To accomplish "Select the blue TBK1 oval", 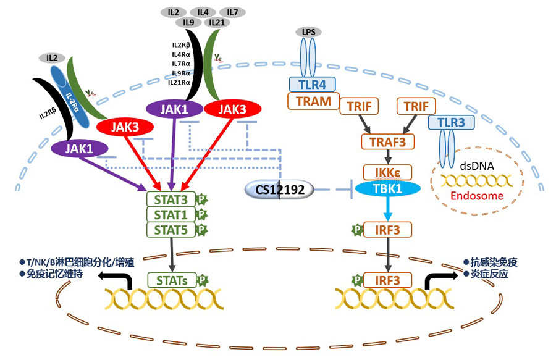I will [387, 189].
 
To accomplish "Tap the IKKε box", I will [387, 172].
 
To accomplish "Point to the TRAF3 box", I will [387, 143].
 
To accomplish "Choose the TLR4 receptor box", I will [313, 85].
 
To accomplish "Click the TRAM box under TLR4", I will [313, 101].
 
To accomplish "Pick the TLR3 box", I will [452, 122].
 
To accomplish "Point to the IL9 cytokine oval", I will [187, 23].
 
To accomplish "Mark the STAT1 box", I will [171, 214].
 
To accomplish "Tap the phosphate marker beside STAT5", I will [201, 230].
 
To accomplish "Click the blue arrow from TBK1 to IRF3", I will [387, 210].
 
